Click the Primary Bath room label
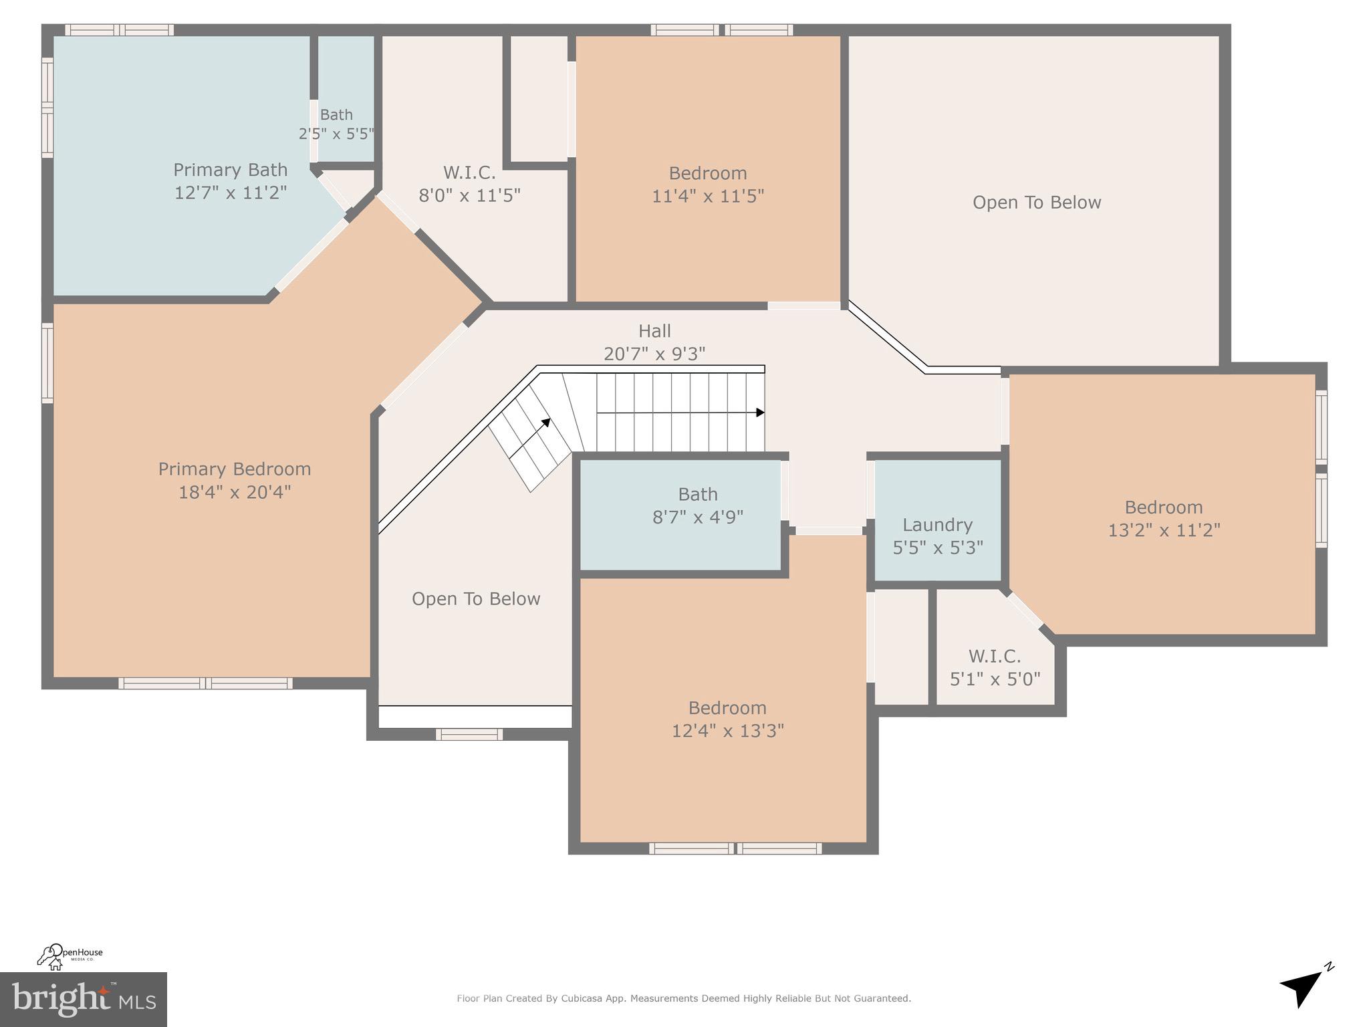[x=230, y=170]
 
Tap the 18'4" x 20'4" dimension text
[x=235, y=493]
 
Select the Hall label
[x=654, y=331]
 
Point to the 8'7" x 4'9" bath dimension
[x=698, y=517]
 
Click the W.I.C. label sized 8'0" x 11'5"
[x=469, y=173]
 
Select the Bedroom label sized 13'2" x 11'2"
[x=1163, y=507]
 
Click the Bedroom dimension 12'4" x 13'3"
[x=727, y=731]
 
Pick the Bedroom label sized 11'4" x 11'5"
[x=708, y=173]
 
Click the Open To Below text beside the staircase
[x=476, y=599]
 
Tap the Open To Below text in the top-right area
[x=1036, y=203]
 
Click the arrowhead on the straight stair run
[x=760, y=413]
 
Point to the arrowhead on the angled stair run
[x=546, y=423]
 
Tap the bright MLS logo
[x=83, y=999]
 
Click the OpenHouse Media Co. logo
[x=70, y=955]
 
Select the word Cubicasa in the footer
[x=578, y=998]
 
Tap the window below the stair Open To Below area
[x=469, y=734]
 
